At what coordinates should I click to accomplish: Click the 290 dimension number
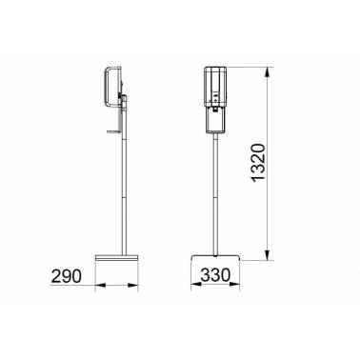pyautogui.click(x=67, y=276)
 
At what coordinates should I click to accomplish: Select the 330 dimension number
pyautogui.click(x=215, y=275)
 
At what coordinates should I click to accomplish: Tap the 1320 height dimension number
pyautogui.click(x=257, y=162)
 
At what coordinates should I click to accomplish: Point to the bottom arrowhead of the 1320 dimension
pyautogui.click(x=269, y=255)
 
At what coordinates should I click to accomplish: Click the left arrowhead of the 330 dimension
pyautogui.click(x=195, y=285)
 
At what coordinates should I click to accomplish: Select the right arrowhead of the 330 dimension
pyautogui.click(x=234, y=285)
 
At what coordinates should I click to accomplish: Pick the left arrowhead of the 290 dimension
pyautogui.click(x=100, y=286)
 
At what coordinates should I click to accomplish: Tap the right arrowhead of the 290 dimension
pyautogui.click(x=133, y=286)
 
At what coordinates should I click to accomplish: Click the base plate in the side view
pyautogui.click(x=117, y=258)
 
